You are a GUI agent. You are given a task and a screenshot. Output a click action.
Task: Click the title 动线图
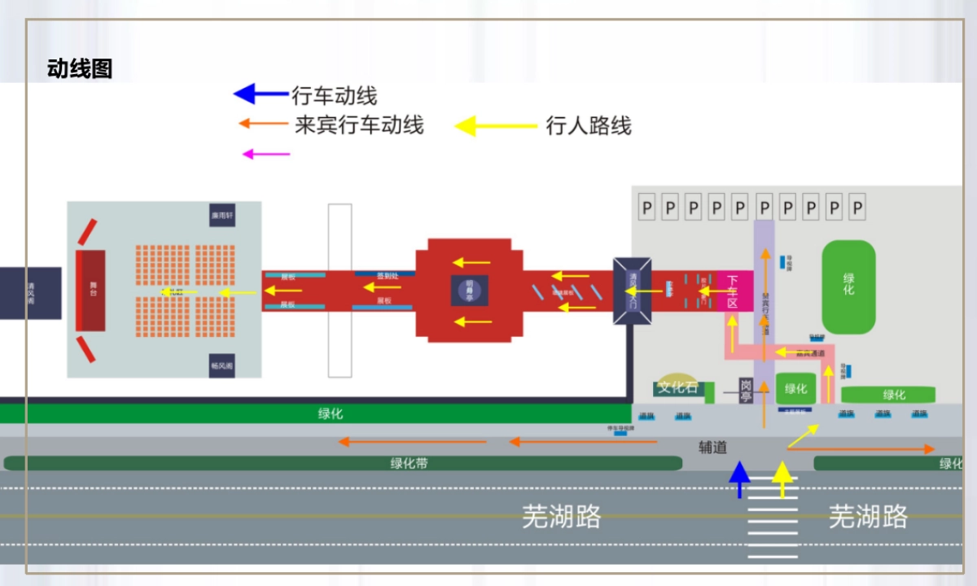(x=80, y=69)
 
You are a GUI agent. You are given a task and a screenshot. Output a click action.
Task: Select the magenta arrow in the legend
(x=266, y=153)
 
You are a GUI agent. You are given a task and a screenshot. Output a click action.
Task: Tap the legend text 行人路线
(x=589, y=125)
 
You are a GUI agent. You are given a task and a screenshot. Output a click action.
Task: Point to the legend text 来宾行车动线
(x=359, y=125)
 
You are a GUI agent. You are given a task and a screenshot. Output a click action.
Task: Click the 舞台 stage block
(x=91, y=291)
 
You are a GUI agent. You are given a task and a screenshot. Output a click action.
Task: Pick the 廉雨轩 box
(x=222, y=215)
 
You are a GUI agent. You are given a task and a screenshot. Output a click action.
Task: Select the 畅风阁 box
(x=222, y=365)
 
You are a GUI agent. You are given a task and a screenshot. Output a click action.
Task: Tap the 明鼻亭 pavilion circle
(x=470, y=290)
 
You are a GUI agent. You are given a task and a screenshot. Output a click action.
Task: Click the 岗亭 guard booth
(x=747, y=391)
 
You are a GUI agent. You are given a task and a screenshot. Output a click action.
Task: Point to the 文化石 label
(x=678, y=387)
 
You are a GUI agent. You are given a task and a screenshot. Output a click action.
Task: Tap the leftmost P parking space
(x=646, y=208)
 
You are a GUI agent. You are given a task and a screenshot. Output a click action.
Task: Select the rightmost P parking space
(x=857, y=208)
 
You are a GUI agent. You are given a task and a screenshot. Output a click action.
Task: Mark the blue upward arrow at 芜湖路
(x=739, y=479)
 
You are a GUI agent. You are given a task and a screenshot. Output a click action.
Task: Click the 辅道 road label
(x=712, y=447)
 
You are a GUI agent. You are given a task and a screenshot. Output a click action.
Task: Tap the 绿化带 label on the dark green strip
(x=409, y=463)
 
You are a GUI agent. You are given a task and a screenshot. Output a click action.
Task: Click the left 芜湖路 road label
(x=562, y=516)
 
